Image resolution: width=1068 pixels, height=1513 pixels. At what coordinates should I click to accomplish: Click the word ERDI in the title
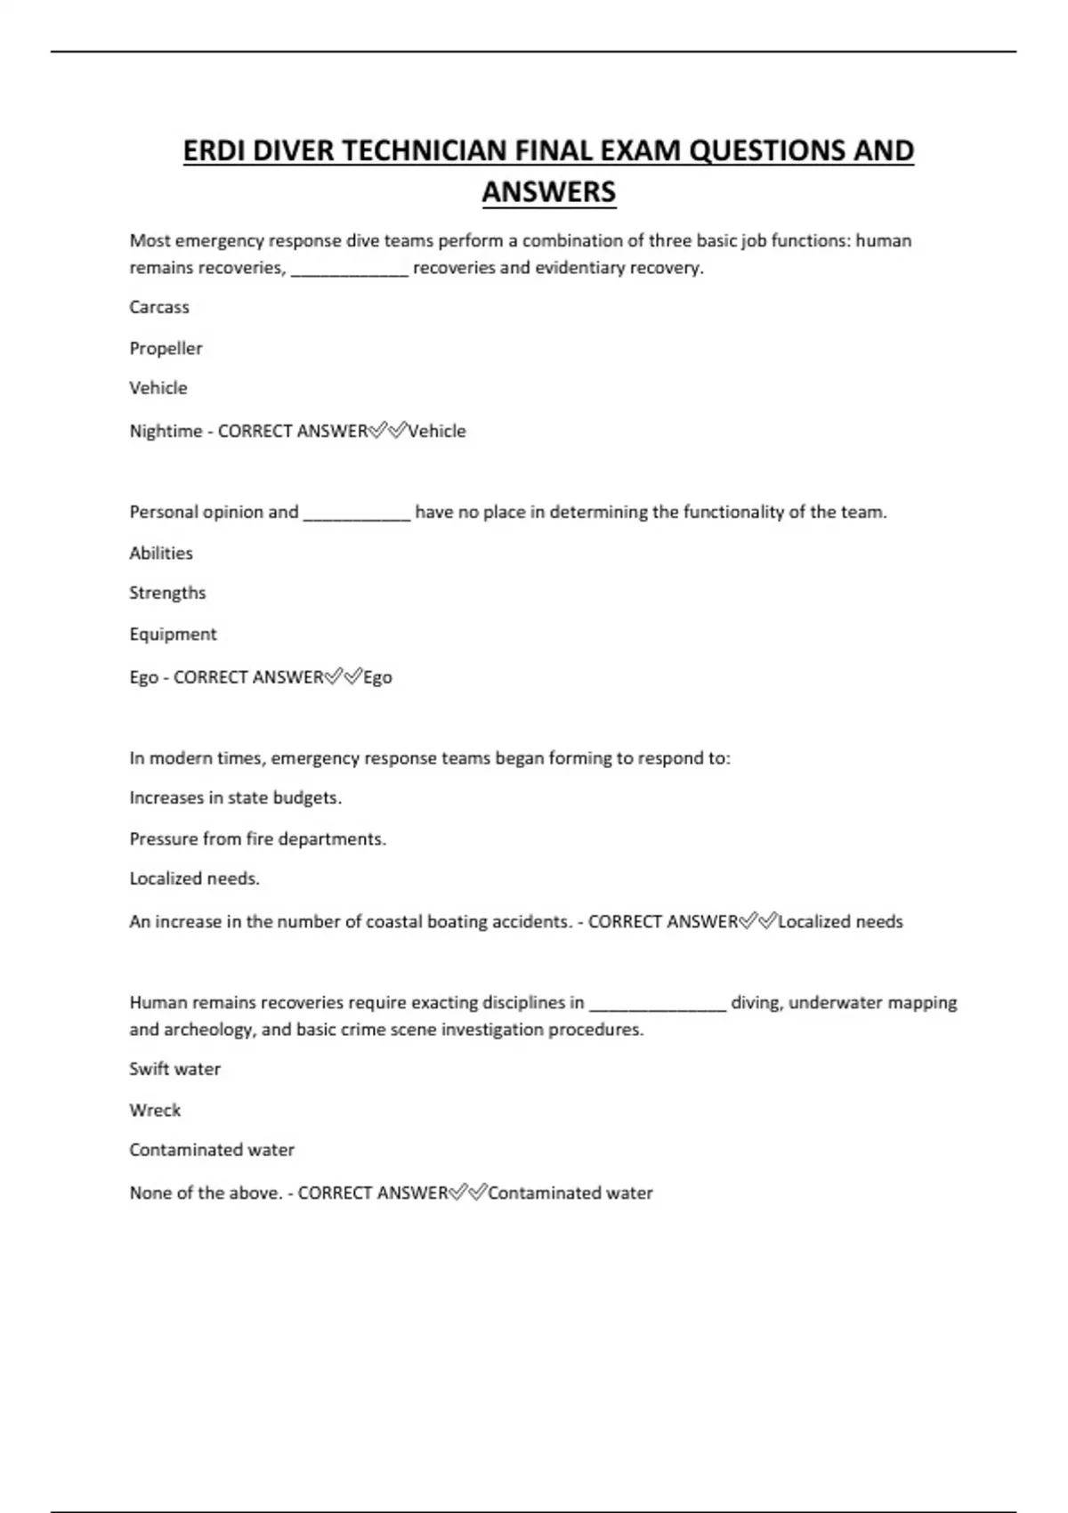point(214,151)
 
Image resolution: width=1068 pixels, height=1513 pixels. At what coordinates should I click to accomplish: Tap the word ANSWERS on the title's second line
point(548,192)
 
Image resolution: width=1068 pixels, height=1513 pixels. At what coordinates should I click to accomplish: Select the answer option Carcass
point(159,307)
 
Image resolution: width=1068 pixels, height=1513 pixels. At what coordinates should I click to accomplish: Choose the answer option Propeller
point(166,348)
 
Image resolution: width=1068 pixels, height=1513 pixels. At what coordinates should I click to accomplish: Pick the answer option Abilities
point(161,553)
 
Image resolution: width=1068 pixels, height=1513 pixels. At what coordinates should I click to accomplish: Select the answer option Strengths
point(167,593)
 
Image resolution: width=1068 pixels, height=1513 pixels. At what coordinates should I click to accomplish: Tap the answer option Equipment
point(173,634)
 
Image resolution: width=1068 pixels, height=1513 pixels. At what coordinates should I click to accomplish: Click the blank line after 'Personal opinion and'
point(357,514)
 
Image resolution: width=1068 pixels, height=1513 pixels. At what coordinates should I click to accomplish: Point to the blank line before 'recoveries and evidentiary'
point(350,270)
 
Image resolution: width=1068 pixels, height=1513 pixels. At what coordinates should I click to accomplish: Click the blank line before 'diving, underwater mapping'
point(658,1005)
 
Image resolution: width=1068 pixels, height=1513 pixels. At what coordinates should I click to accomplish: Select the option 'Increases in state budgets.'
point(235,797)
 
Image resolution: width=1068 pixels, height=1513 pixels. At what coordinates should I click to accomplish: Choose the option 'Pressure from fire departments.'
point(257,838)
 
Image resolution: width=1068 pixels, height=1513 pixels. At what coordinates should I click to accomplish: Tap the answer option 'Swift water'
point(174,1069)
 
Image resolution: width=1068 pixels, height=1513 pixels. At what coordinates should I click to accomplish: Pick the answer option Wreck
point(155,1110)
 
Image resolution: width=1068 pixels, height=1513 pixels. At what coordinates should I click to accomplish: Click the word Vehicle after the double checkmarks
point(437,431)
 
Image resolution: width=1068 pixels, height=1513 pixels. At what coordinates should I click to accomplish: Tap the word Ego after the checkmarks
point(377,677)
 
